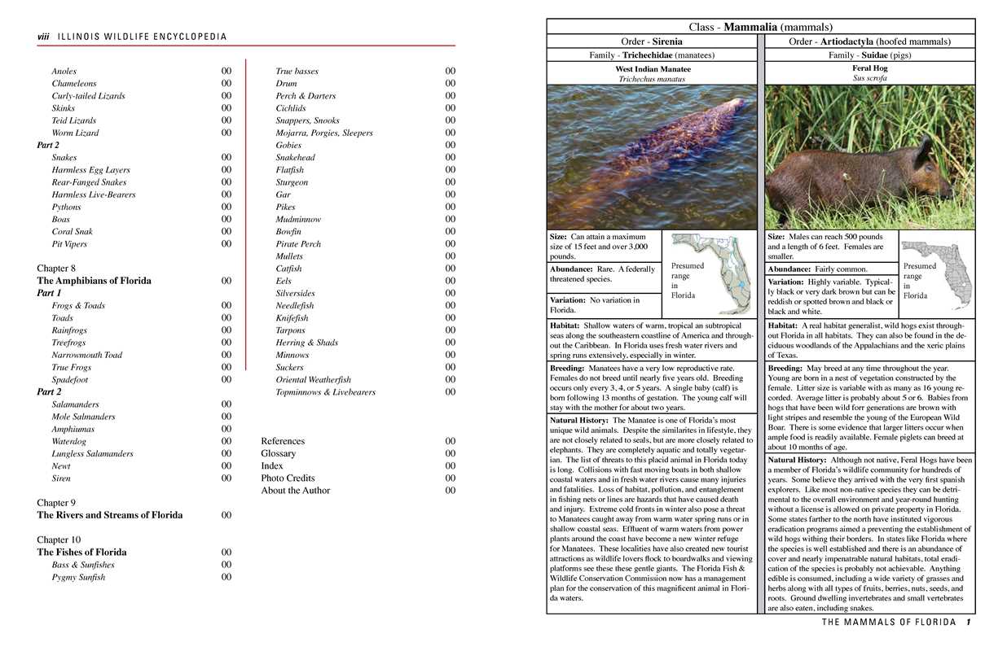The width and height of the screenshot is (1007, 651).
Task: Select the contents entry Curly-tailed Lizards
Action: [88, 96]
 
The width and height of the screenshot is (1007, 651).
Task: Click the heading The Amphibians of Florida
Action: [94, 281]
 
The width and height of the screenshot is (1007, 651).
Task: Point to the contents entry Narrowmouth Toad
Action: [86, 355]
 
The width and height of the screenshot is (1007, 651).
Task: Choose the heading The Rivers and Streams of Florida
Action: [109, 515]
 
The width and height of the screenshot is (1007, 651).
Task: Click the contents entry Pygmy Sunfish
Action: [78, 577]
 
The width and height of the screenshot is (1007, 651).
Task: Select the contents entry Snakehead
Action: [295, 158]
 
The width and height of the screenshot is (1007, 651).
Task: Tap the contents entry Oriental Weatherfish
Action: [313, 379]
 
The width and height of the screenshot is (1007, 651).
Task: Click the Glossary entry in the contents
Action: [278, 453]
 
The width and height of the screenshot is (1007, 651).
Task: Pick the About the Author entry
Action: [295, 491]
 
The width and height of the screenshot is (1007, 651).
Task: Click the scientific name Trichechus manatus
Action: [653, 80]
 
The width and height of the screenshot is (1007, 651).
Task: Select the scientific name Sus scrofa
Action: [869, 79]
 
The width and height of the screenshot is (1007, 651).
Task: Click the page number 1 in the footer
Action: [968, 623]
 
